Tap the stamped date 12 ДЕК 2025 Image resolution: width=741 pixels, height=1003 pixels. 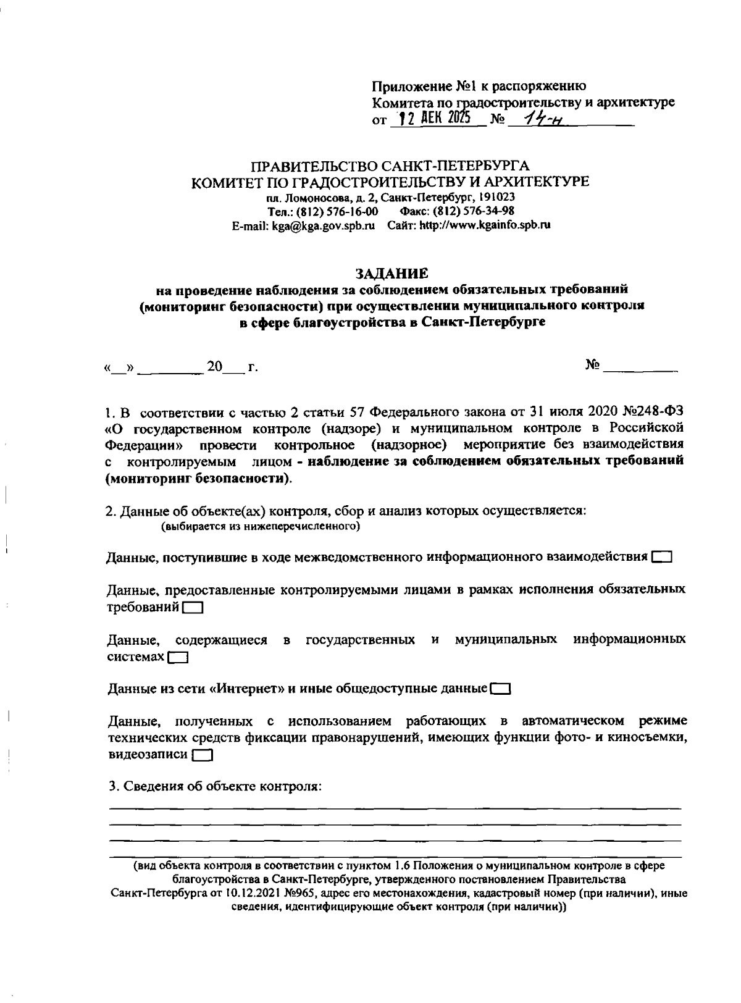point(432,119)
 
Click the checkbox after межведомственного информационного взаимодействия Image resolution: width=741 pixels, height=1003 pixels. point(661,556)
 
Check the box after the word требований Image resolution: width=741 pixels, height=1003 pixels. point(193,608)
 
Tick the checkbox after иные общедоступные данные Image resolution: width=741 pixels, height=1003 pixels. point(500,688)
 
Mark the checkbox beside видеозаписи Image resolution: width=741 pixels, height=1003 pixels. point(202,755)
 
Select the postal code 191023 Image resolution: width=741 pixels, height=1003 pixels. point(498,198)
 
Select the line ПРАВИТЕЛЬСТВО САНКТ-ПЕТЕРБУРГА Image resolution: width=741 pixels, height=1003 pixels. point(390,166)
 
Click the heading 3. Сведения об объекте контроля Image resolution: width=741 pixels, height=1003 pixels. point(214,786)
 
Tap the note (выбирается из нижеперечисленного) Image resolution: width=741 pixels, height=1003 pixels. point(261,527)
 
